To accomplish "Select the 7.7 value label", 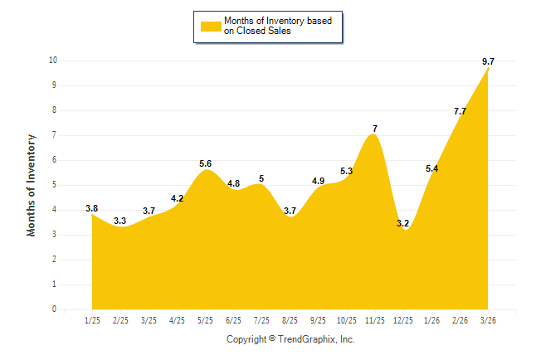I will [x=459, y=111].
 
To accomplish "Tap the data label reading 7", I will [x=375, y=129].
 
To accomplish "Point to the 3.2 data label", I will [x=403, y=223].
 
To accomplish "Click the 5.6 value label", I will [x=205, y=163].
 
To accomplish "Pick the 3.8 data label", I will [x=92, y=208].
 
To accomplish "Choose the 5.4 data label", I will [x=431, y=168].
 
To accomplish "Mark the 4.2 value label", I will [x=177, y=198].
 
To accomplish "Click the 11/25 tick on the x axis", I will [x=375, y=319].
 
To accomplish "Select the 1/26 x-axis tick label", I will [x=431, y=319].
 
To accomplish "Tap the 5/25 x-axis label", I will [x=205, y=319].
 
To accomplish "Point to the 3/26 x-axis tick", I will [x=488, y=319].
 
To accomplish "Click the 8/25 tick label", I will [x=290, y=319].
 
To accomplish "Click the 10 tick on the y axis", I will [x=52, y=61].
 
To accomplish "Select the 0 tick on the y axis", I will [x=54, y=309].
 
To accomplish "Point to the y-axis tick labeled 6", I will [x=54, y=160].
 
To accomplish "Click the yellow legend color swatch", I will [x=210, y=26].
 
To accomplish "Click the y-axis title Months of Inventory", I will [x=32, y=185].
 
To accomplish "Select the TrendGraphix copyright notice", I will [x=290, y=340].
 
